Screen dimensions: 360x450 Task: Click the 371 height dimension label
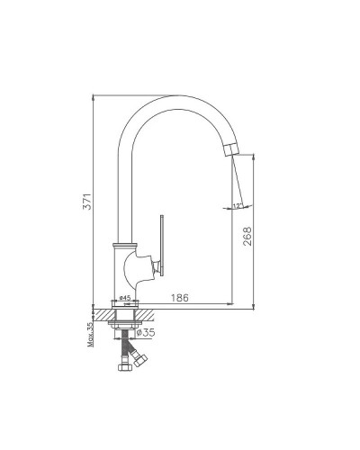tap(86, 202)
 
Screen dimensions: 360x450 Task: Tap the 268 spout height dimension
tap(247, 237)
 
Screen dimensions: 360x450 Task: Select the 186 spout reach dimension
tap(180, 298)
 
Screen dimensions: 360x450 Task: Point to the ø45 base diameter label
tap(125, 298)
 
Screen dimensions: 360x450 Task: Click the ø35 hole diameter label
tap(146, 332)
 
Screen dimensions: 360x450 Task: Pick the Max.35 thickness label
tap(90, 334)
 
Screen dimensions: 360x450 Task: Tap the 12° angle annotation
tap(238, 206)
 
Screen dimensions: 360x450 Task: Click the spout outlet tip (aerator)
tap(231, 150)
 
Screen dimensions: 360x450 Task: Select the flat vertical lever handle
tap(162, 245)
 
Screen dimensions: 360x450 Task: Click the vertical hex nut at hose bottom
tap(123, 367)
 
